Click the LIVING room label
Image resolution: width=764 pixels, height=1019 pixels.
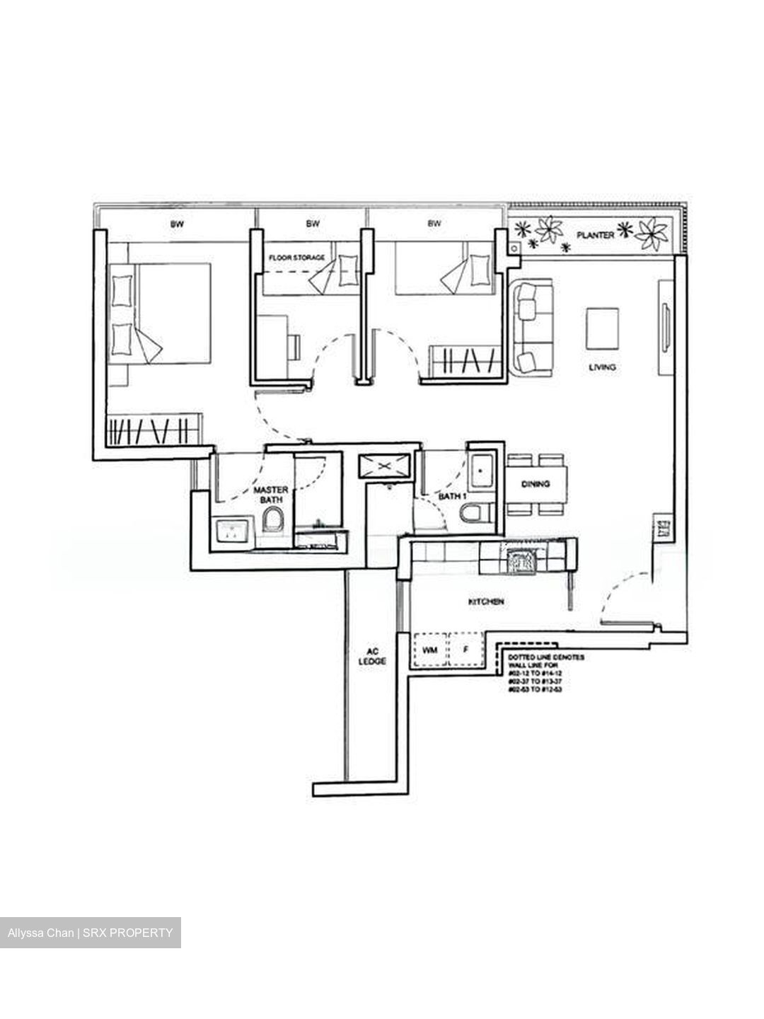tap(603, 367)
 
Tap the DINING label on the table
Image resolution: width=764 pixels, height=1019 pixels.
tap(536, 484)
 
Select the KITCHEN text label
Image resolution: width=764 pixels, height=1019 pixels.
tap(487, 601)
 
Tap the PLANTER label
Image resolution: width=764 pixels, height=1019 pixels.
tap(594, 234)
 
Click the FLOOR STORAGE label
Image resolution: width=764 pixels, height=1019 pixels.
tap(296, 258)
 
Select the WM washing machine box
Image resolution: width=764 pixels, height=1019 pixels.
tap(429, 649)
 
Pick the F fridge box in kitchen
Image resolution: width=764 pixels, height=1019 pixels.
tap(465, 649)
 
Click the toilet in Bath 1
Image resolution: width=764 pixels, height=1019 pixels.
tap(470, 513)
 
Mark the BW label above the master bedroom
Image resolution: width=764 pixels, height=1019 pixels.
tap(177, 224)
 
